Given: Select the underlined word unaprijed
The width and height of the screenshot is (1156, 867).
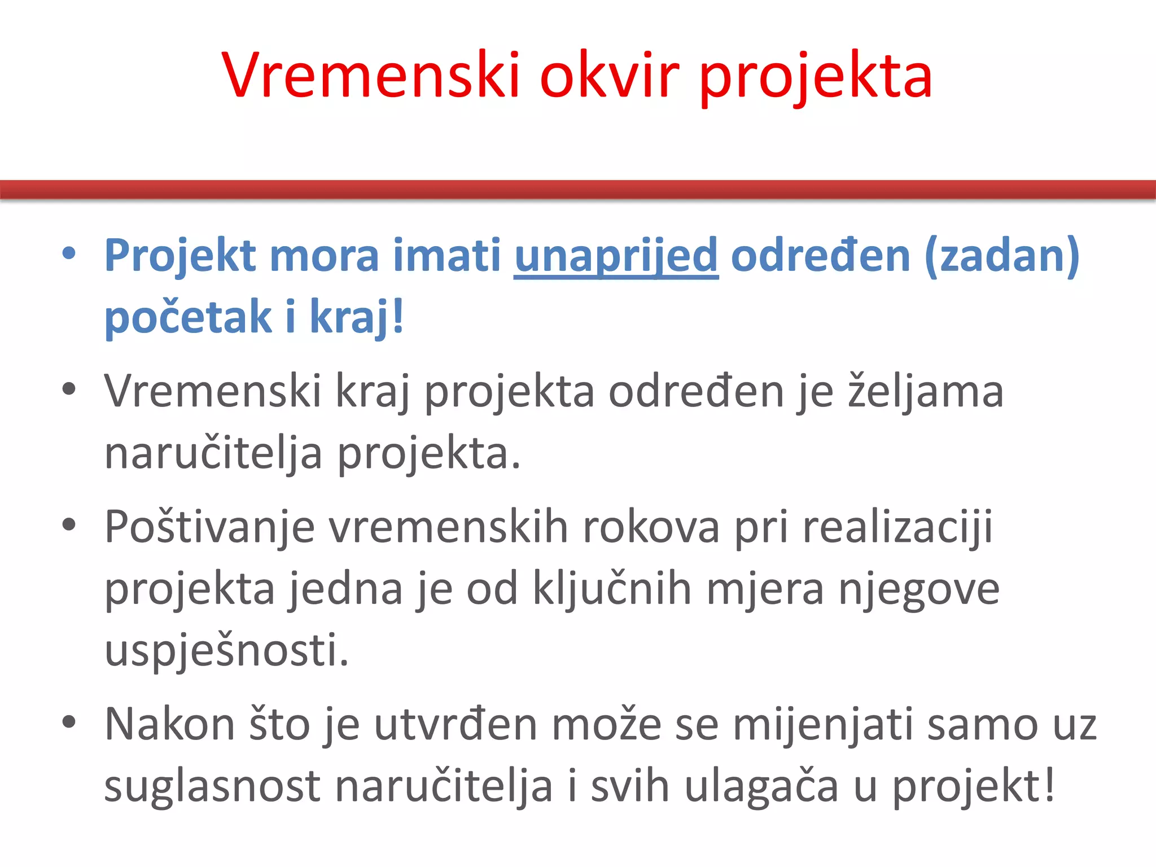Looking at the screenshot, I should coord(616,256).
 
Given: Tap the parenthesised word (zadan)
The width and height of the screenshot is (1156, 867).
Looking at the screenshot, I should coord(1002,256).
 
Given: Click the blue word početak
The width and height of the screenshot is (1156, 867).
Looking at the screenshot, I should coord(189,317).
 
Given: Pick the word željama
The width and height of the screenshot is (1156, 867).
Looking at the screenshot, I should coord(926,391).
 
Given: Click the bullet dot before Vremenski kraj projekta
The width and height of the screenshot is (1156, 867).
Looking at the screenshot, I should coord(69,389).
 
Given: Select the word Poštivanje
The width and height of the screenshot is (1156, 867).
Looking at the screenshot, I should coord(209,527).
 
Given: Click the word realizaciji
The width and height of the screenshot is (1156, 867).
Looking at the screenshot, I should coord(897,527).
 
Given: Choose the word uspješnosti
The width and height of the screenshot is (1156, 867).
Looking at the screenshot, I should coord(226,651).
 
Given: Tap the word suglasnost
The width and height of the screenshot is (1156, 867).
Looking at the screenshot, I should coord(213,786).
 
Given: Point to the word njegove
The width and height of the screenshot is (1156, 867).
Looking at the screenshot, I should coord(919,589).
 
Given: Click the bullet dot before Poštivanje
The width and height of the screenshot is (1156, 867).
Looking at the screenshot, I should coord(69,525).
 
